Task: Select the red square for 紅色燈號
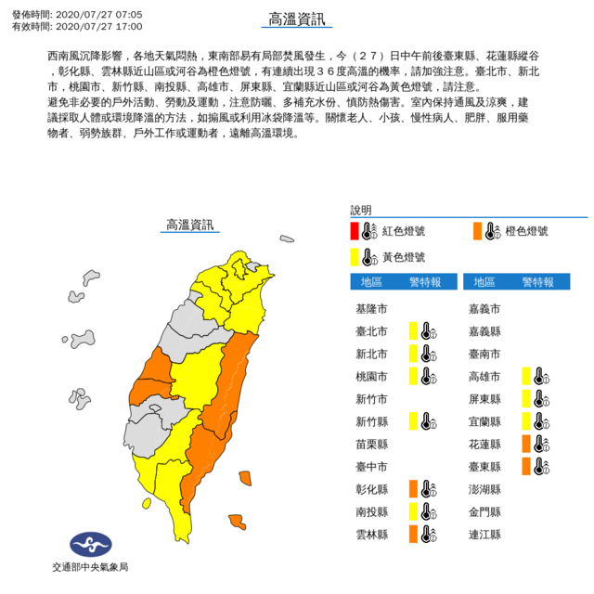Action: pos(355,231)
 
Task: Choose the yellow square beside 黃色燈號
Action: pos(355,256)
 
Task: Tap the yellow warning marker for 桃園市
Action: pos(412,376)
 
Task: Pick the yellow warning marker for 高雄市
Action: pos(525,376)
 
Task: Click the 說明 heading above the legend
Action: pos(360,210)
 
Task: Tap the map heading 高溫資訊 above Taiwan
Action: pos(188,226)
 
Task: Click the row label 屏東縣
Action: pos(484,398)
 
